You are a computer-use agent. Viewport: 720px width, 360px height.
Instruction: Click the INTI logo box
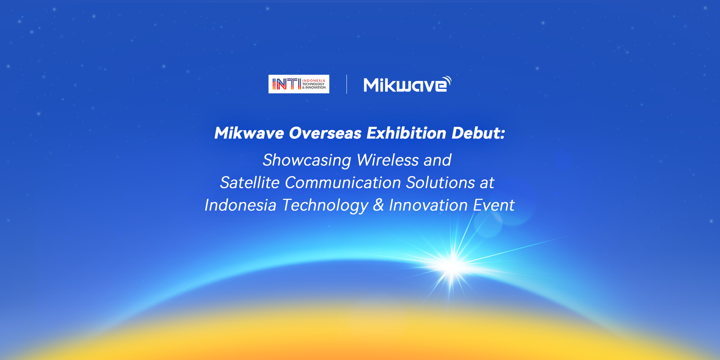pos(299,84)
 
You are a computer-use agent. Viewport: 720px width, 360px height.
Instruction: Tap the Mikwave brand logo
pos(407,84)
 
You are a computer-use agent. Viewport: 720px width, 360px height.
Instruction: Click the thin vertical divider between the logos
pos(346,84)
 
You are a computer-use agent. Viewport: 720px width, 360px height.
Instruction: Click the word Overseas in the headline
pos(325,133)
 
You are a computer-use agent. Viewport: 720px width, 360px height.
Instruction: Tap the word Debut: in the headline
pos(478,133)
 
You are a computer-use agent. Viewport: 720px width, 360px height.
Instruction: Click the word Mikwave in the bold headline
pos(249,133)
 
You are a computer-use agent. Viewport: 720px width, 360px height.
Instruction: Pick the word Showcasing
pos(307,160)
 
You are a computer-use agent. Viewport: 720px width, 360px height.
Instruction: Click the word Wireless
pos(388,160)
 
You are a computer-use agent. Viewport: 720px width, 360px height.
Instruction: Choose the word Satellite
pos(250,183)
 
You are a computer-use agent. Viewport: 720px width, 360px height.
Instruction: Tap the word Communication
pos(343,183)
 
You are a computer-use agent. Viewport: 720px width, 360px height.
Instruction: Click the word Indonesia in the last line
pos(240,205)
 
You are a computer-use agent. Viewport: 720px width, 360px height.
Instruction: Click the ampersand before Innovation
pos(379,205)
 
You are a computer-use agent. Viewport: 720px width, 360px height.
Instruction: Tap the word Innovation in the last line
pos(428,205)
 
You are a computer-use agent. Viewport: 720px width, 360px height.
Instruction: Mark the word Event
pos(494,205)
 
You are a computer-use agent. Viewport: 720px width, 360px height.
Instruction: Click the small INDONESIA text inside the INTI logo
pos(314,81)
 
